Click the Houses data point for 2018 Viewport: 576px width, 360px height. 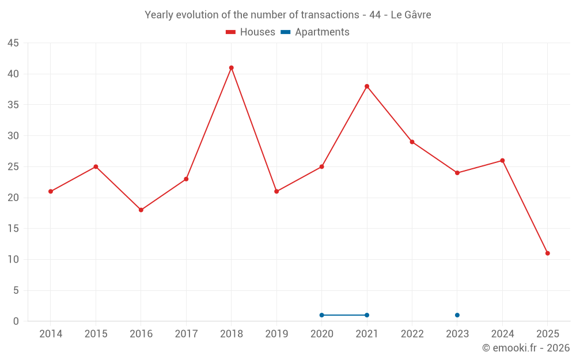tap(231, 68)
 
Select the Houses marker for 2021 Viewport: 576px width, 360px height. tap(367, 86)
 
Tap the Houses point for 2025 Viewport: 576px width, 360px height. tap(547, 253)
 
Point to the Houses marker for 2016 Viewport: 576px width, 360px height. tap(141, 210)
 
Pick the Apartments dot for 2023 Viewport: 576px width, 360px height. tap(457, 315)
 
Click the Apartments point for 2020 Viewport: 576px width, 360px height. tap(322, 315)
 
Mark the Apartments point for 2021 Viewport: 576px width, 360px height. tap(367, 315)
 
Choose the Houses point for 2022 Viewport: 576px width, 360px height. tap(412, 142)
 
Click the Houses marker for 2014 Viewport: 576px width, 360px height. tap(51, 191)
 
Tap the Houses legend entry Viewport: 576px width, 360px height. tap(251, 32)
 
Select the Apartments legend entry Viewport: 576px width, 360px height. tap(315, 32)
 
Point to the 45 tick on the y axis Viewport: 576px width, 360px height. tap(13, 43)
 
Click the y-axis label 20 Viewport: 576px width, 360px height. tap(13, 198)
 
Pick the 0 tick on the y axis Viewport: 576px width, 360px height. tap(16, 321)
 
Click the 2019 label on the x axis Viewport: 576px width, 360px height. tap(276, 334)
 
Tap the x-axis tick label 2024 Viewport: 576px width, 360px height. tap(502, 334)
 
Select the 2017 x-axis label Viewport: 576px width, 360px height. tap(186, 334)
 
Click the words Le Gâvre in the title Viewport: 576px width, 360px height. tap(411, 15)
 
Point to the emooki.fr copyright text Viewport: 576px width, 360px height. tap(526, 348)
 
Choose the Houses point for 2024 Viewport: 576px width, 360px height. tap(502, 161)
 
